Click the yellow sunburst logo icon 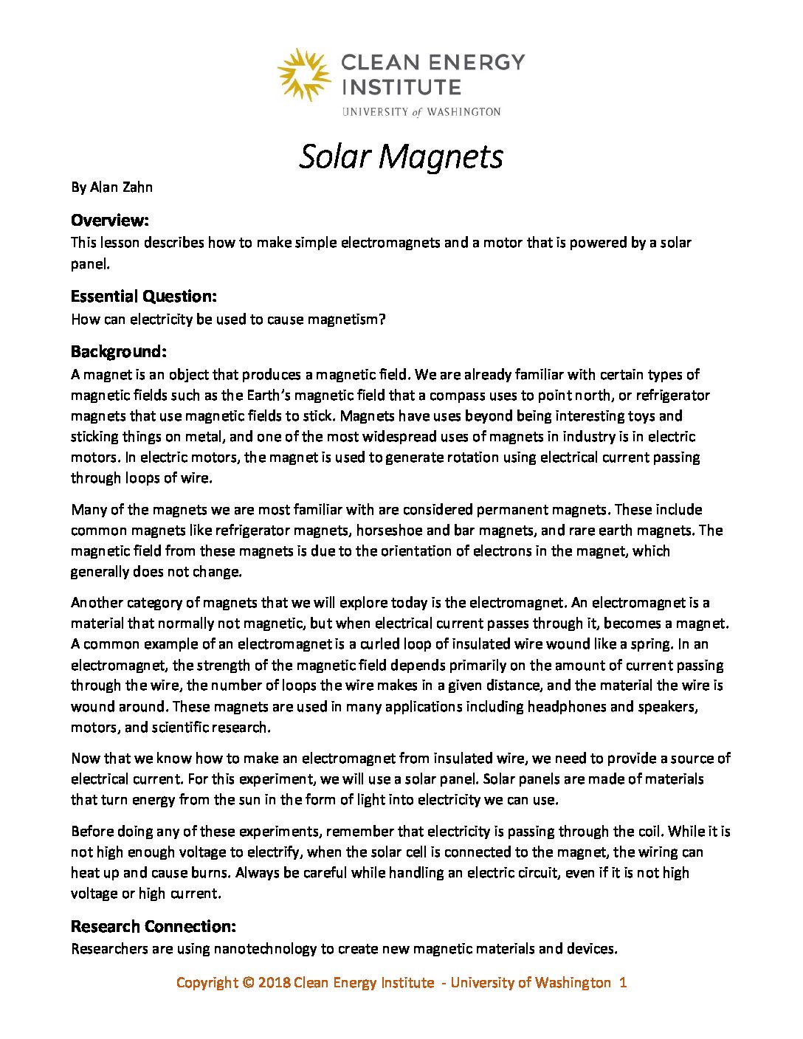(x=303, y=74)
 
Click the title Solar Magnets (x=401, y=156)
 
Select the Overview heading (x=110, y=220)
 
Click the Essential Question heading (x=144, y=296)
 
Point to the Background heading (x=119, y=351)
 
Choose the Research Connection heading (x=154, y=926)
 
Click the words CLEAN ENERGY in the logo (x=433, y=62)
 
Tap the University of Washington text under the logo (x=421, y=111)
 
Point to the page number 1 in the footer (x=623, y=982)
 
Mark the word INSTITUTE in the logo (x=401, y=87)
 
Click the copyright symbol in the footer (x=248, y=982)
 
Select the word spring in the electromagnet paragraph (x=649, y=643)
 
